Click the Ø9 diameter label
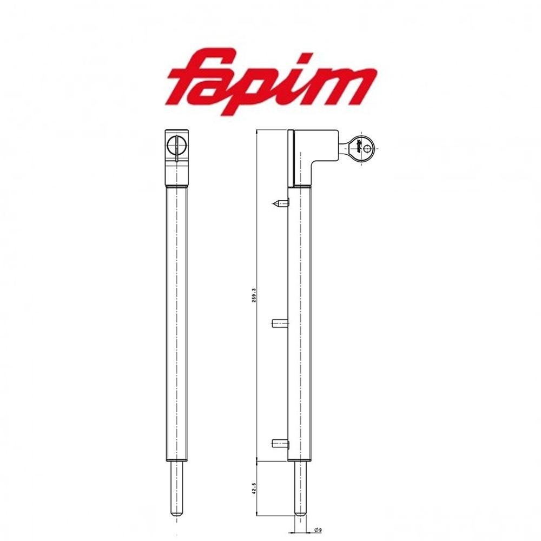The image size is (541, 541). click(318, 530)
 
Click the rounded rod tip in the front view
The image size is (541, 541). click(176, 514)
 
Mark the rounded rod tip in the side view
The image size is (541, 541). click(300, 514)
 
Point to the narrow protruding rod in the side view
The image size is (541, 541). click(300, 487)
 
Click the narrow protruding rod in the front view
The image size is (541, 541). click(176, 487)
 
